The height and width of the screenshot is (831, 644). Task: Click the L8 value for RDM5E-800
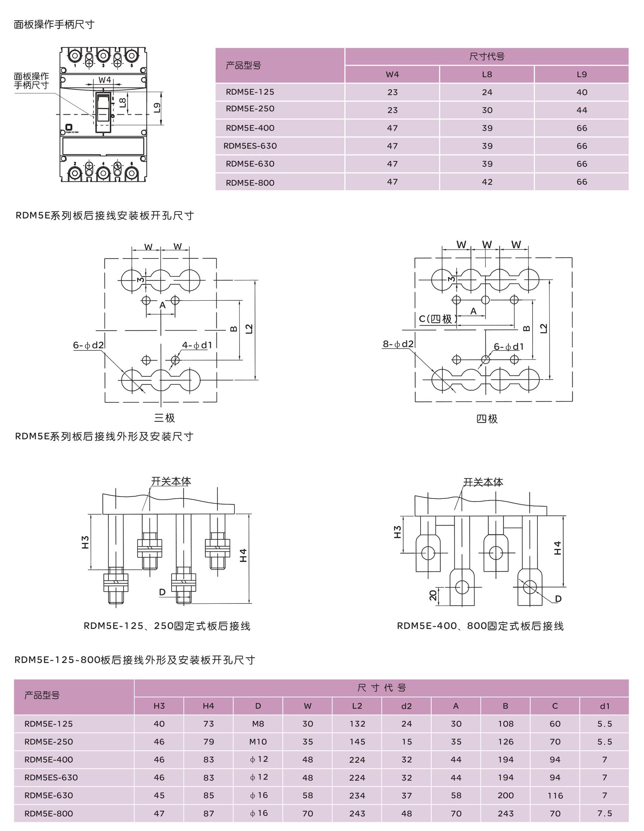pyautogui.click(x=487, y=182)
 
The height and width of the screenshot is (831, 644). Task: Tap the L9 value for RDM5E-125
pyautogui.click(x=581, y=92)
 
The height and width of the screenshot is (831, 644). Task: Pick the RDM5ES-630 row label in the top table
pyautogui.click(x=250, y=146)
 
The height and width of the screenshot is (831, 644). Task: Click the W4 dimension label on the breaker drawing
pyautogui.click(x=105, y=80)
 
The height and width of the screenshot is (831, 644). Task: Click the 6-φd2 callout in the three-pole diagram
pyautogui.click(x=88, y=345)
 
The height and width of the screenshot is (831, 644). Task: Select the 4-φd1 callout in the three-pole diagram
pyautogui.click(x=197, y=345)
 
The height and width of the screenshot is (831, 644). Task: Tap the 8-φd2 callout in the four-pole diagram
pyautogui.click(x=398, y=344)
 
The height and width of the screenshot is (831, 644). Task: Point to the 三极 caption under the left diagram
pyautogui.click(x=165, y=418)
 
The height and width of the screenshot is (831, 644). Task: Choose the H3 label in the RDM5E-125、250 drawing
pyautogui.click(x=85, y=542)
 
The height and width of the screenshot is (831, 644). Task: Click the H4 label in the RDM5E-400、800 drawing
pyautogui.click(x=558, y=548)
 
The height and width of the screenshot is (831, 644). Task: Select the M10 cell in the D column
pyautogui.click(x=258, y=742)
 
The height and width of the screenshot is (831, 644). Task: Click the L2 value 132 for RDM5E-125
pyautogui.click(x=357, y=724)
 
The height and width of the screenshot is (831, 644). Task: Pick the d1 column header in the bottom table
pyautogui.click(x=604, y=706)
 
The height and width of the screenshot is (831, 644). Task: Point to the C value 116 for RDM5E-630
pyautogui.click(x=555, y=796)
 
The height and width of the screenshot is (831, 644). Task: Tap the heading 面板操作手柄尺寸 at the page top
pyautogui.click(x=54, y=25)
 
